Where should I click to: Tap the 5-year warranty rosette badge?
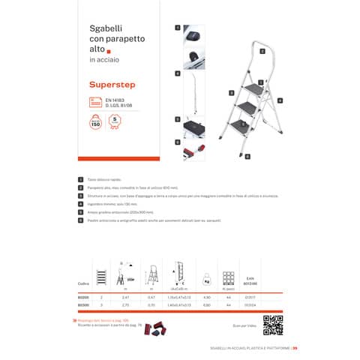pyautogui.click(x=115, y=121)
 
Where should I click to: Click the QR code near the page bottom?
pyautogui.click(x=271, y=323)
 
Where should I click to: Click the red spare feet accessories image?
pyautogui.click(x=154, y=328)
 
